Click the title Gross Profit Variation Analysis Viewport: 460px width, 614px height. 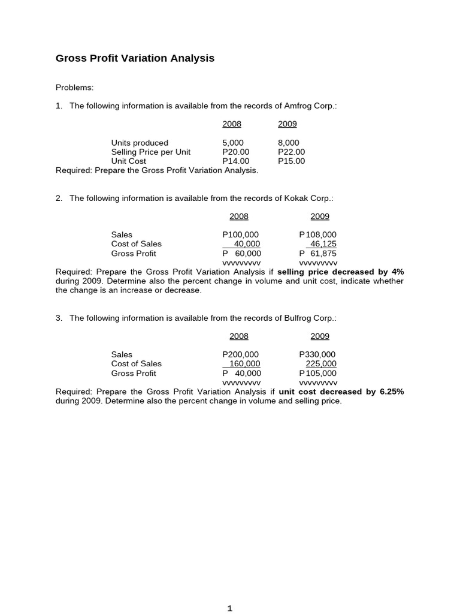tap(135, 58)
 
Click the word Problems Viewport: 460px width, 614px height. tap(74, 88)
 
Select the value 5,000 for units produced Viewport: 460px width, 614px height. tap(232, 143)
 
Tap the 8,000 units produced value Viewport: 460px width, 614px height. tap(288, 143)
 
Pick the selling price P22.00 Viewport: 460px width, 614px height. tap(291, 152)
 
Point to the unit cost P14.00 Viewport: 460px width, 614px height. tap(235, 161)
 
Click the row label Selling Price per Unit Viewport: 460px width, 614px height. tap(150, 152)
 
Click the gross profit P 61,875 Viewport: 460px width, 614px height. tap(317, 254)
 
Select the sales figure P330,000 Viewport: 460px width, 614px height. tap(317, 354)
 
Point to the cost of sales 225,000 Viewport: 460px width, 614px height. tap(321, 363)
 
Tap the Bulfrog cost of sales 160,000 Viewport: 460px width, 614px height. tap(243, 363)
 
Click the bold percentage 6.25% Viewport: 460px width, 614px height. tap(392, 392)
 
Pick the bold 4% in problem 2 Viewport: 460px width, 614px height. tap(398, 272)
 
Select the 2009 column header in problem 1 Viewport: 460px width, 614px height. tap(287, 124)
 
